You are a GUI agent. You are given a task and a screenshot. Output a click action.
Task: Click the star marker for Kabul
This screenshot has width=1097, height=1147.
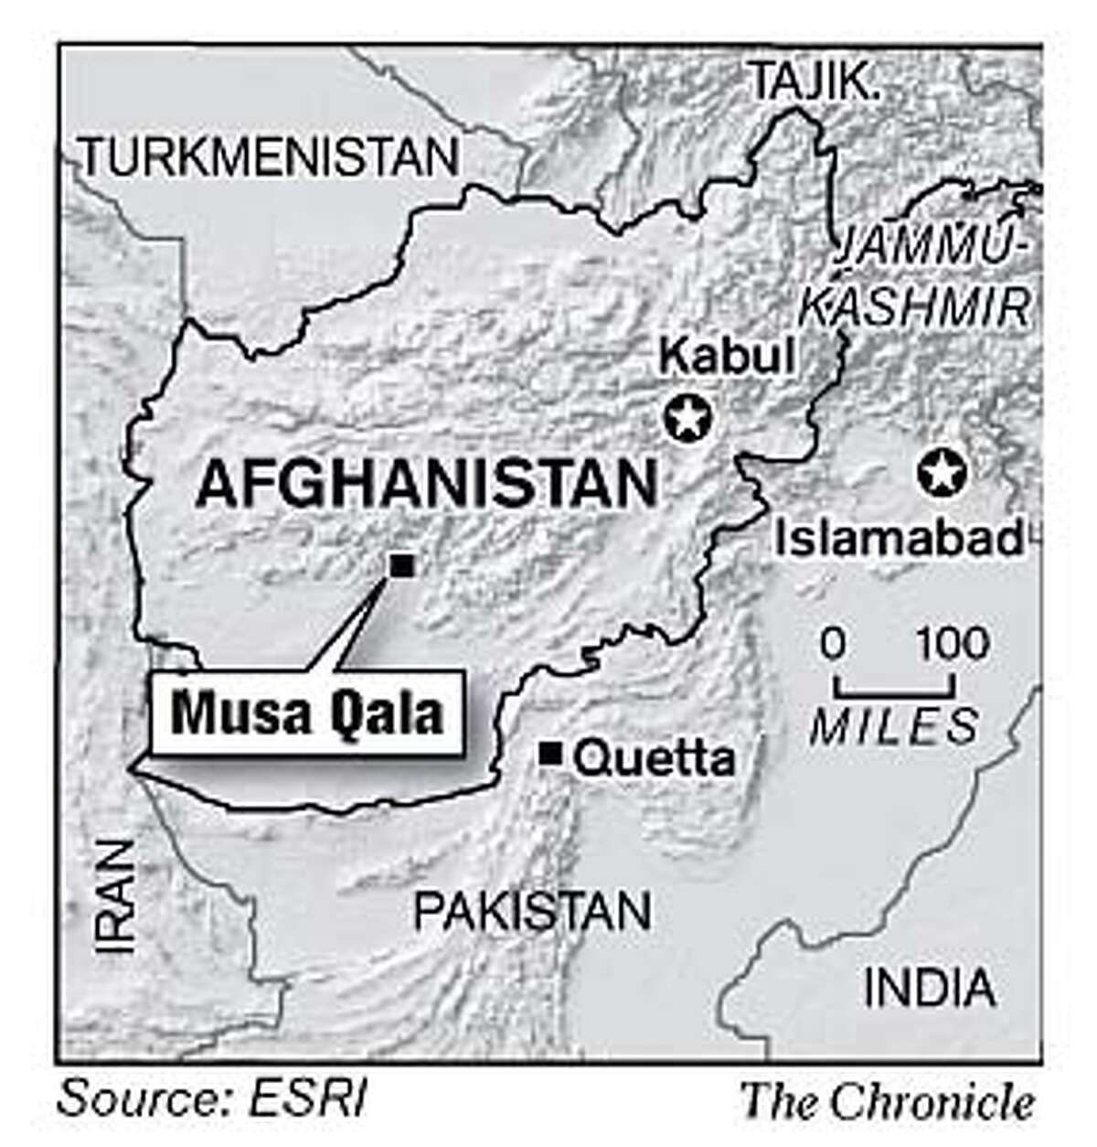click(687, 420)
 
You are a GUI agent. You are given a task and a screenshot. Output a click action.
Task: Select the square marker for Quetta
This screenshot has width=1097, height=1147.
click(550, 754)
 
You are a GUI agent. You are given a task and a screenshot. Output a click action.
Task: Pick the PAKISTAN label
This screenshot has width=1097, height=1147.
click(532, 911)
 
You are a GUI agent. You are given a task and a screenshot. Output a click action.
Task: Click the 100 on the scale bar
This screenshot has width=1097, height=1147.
click(953, 644)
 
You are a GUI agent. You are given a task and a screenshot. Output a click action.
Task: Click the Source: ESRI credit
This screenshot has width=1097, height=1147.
click(212, 1099)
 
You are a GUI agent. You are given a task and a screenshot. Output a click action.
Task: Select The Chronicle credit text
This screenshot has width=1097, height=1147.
click(887, 1100)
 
